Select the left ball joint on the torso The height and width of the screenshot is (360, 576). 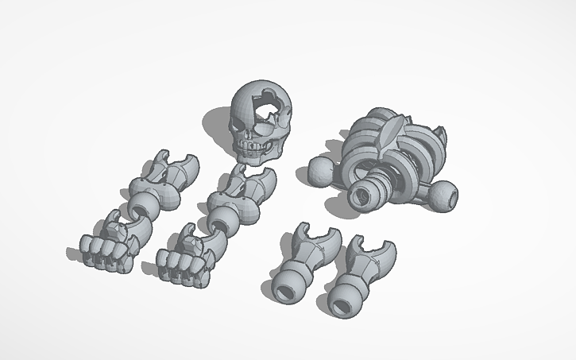[x=318, y=171]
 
